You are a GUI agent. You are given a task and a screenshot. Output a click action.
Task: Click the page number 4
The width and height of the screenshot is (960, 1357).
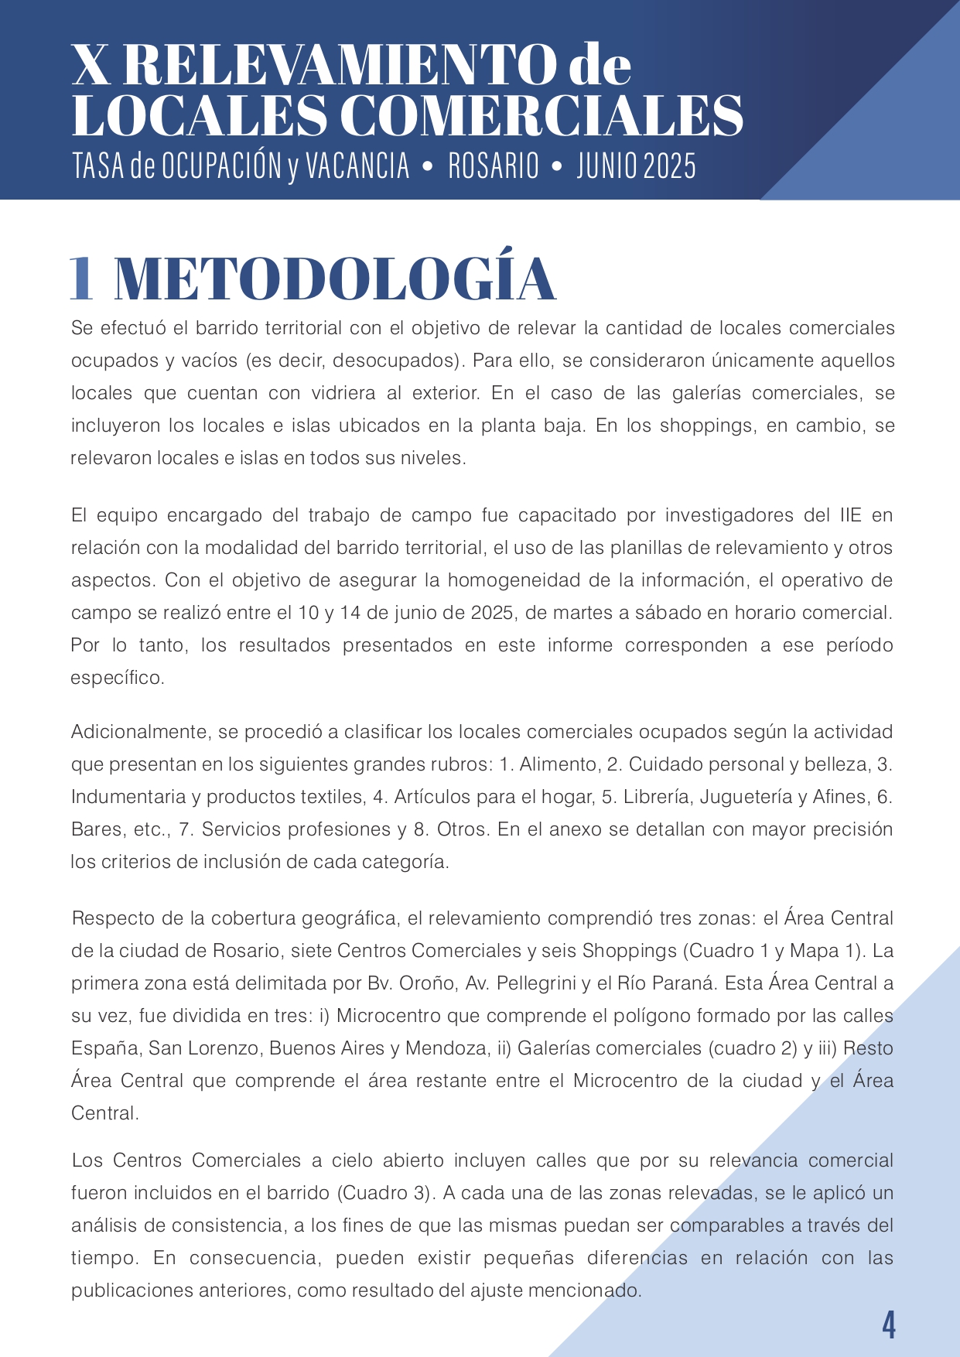click(x=889, y=1325)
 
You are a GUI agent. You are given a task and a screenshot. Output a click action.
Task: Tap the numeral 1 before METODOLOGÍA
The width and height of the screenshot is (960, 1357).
click(x=81, y=279)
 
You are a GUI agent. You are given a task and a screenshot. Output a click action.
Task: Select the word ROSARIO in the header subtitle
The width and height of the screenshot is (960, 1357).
click(x=493, y=166)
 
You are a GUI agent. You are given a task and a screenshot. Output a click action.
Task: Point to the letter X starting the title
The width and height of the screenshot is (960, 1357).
click(x=91, y=67)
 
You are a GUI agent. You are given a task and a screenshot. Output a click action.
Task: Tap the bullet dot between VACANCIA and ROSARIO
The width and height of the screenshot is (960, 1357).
click(x=428, y=166)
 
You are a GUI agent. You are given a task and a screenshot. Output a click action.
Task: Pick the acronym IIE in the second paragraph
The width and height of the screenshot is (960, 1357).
click(x=849, y=515)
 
